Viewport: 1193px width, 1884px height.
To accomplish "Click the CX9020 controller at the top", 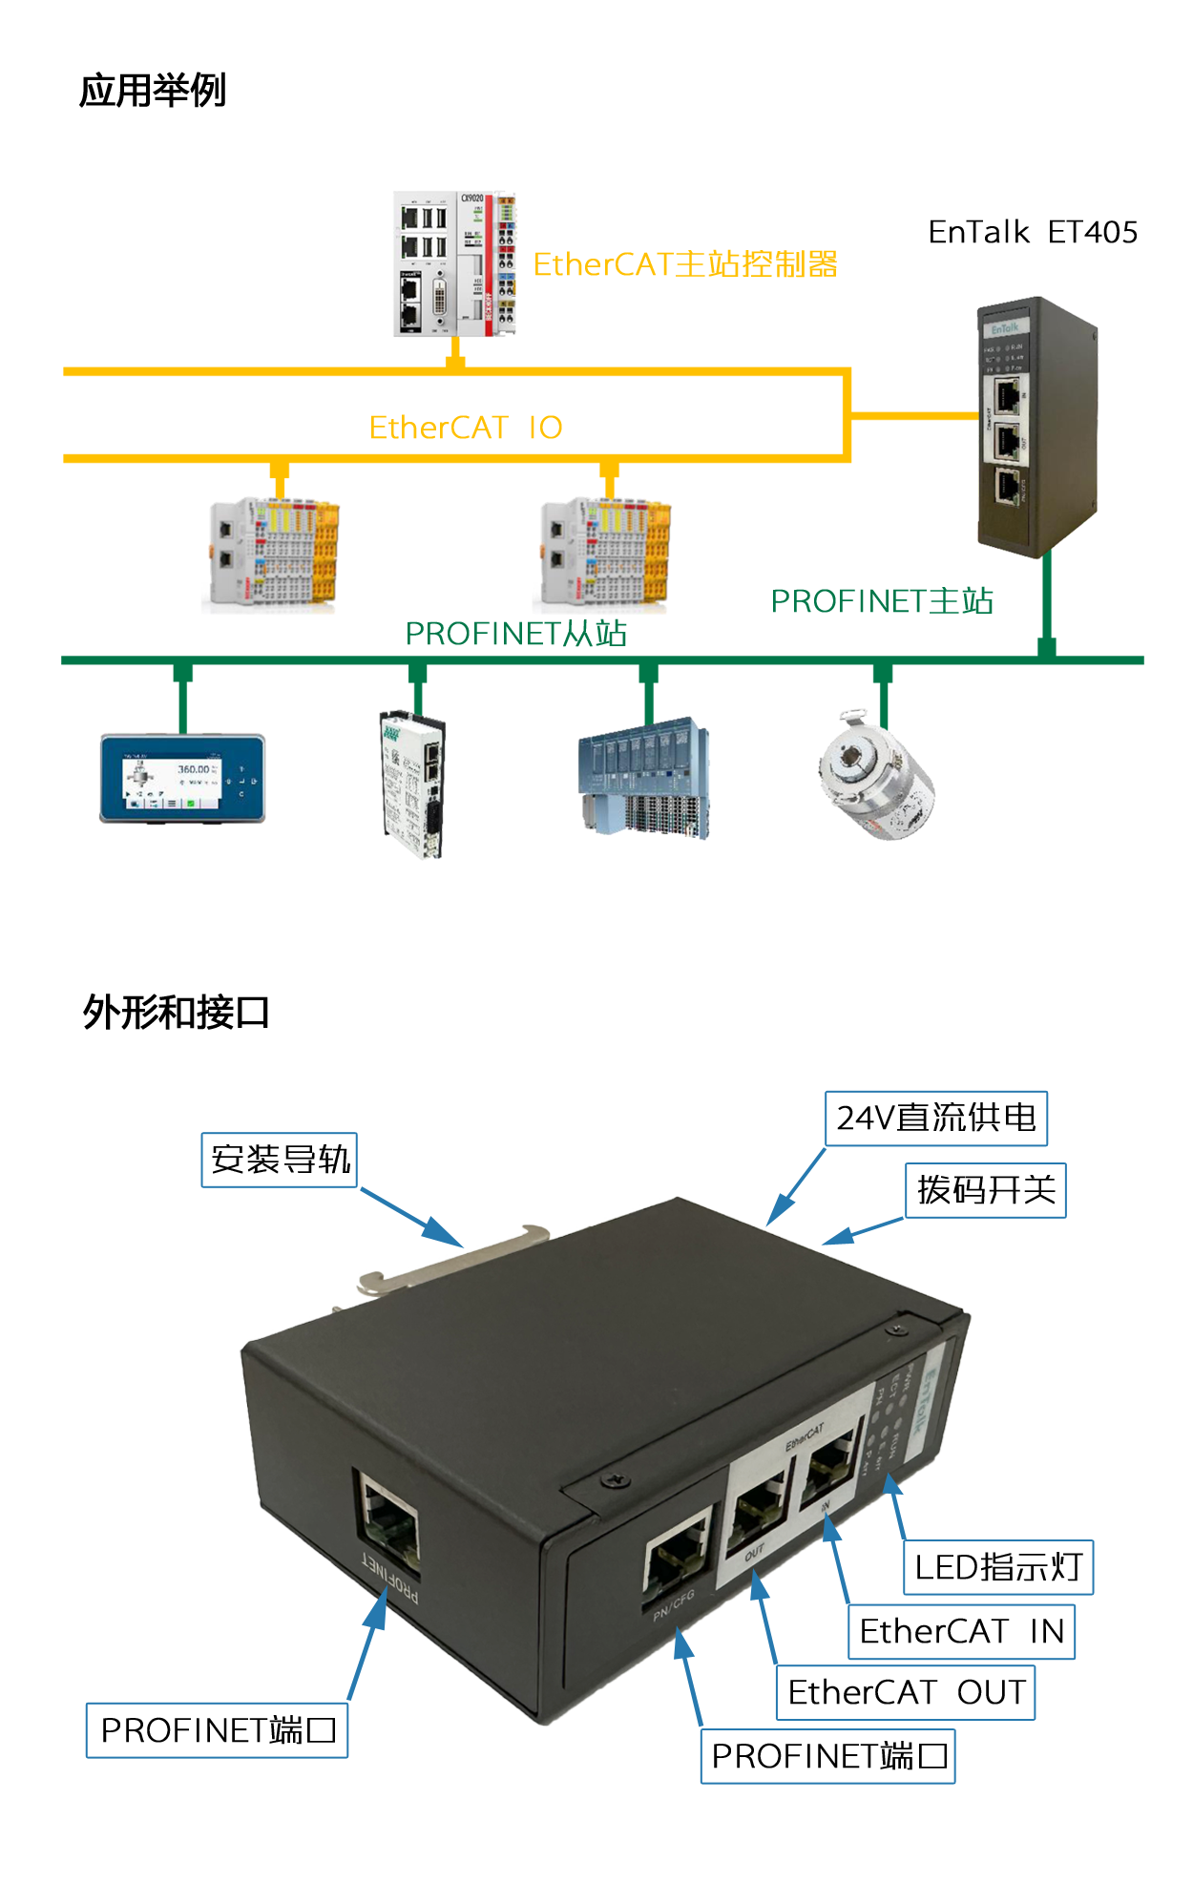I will (455, 270).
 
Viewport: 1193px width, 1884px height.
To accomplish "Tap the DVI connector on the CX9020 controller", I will (440, 297).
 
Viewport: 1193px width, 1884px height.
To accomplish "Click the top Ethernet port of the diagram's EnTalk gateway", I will (1007, 394).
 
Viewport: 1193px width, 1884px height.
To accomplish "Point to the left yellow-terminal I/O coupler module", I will (273, 554).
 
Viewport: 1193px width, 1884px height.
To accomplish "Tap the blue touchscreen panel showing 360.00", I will (182, 779).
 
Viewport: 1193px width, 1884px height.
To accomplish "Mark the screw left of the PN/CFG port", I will (613, 1481).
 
